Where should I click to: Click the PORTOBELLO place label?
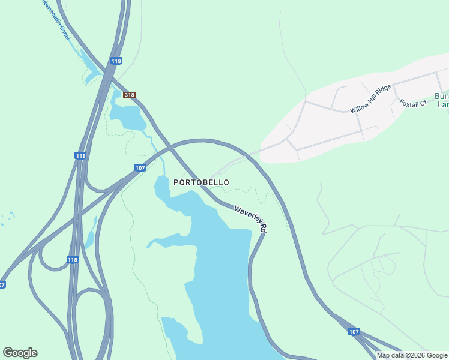pyautogui.click(x=201, y=182)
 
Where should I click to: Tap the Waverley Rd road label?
pyautogui.click(x=250, y=219)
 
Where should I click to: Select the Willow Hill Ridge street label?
pyautogui.click(x=370, y=99)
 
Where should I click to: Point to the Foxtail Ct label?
pyautogui.click(x=413, y=103)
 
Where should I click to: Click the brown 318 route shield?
pyautogui.click(x=130, y=95)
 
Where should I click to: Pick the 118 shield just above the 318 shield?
pyautogui.click(x=116, y=61)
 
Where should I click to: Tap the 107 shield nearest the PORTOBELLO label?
pyautogui.click(x=140, y=168)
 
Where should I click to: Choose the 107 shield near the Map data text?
pyautogui.click(x=354, y=331)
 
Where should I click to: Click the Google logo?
pyautogui.click(x=20, y=353)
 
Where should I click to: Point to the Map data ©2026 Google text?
pyautogui.click(x=412, y=355)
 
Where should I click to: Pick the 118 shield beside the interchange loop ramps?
pyautogui.click(x=73, y=260)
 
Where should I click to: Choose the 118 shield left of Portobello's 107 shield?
pyautogui.click(x=80, y=156)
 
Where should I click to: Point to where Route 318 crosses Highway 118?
pyautogui.click(x=108, y=76)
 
